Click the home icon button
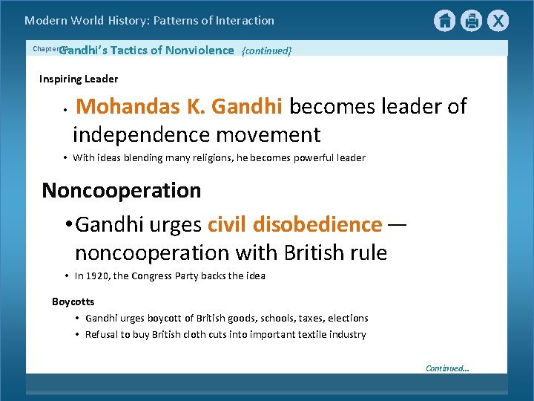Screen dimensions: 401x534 (444, 21)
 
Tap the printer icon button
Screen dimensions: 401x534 (471, 21)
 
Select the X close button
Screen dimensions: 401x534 (498, 21)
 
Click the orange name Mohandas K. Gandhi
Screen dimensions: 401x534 (179, 106)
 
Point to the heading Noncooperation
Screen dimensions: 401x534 (122, 190)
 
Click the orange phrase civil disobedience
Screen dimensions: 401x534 (295, 224)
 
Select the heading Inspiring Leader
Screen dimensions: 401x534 (79, 79)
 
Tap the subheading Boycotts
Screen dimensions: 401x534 (73, 301)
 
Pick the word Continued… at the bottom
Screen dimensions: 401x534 (447, 368)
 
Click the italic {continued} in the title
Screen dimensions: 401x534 (267, 50)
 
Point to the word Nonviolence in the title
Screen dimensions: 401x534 (200, 50)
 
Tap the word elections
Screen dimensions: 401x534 (348, 319)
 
